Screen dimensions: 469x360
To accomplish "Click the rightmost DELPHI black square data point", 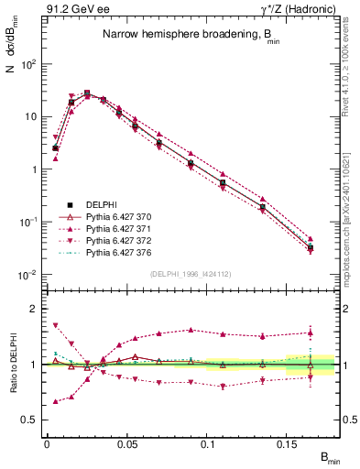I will (x=311, y=247).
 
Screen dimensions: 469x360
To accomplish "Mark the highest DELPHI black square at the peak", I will (x=87, y=93).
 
